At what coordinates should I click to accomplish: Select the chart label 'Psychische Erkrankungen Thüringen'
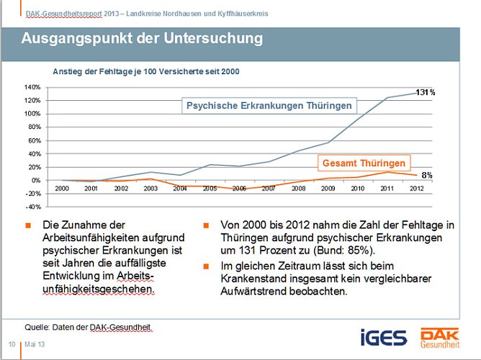click(269, 106)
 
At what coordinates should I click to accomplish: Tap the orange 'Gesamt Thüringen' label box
click(364, 163)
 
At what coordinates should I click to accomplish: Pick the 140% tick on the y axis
click(32, 87)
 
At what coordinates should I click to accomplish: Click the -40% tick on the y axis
click(32, 206)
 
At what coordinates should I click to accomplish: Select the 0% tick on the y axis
click(35, 180)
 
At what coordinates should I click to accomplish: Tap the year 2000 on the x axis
click(62, 188)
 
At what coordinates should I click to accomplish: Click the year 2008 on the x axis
click(298, 188)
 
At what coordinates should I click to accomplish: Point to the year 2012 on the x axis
click(416, 188)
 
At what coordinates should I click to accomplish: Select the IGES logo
click(383, 336)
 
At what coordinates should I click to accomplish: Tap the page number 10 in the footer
click(12, 344)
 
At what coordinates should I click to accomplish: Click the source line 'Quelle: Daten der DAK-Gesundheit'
click(89, 327)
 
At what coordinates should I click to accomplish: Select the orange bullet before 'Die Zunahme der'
click(27, 225)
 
